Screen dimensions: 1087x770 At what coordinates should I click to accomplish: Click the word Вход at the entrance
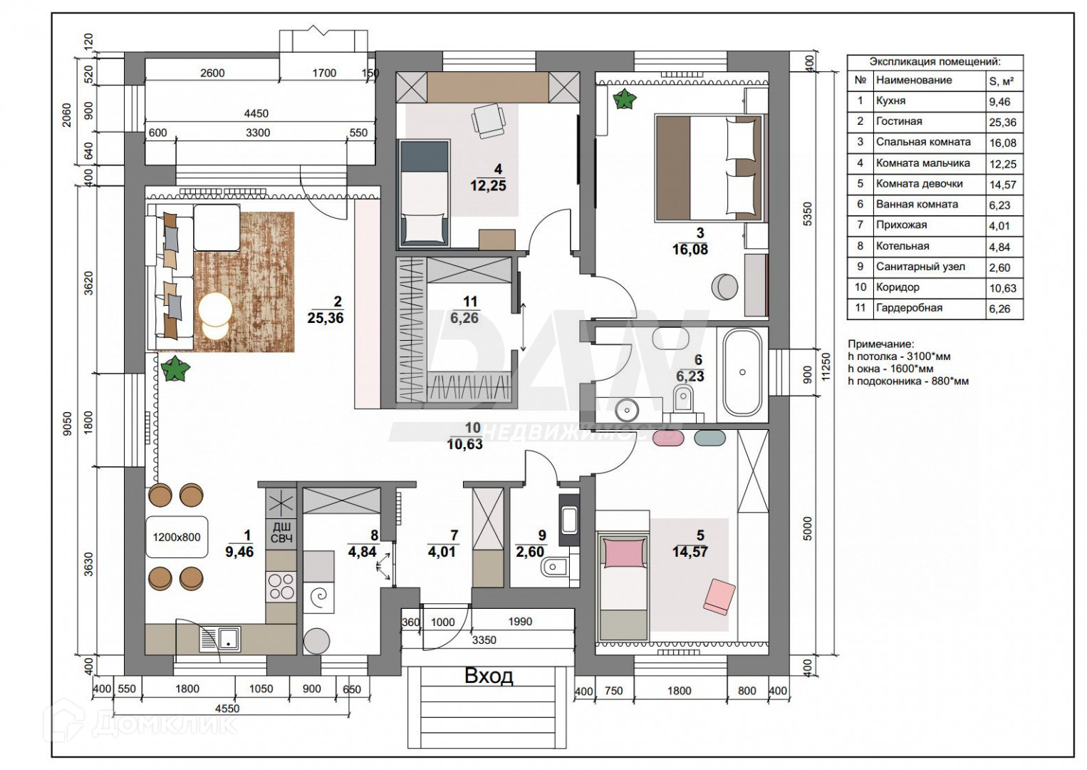click(488, 675)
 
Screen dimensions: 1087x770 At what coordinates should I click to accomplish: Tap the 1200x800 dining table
click(177, 537)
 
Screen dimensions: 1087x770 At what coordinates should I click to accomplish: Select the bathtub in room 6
click(742, 373)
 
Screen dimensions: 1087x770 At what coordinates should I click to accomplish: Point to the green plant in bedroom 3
click(625, 99)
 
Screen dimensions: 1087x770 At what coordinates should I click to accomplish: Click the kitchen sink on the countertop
click(226, 638)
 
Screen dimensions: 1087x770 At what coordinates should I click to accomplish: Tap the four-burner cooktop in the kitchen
click(281, 586)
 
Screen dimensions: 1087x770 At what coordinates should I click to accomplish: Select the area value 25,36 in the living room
click(325, 318)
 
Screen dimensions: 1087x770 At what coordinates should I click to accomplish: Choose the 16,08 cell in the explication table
click(1002, 143)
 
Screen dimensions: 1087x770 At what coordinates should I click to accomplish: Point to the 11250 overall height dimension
click(826, 368)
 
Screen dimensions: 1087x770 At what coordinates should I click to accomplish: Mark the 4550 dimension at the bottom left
click(227, 709)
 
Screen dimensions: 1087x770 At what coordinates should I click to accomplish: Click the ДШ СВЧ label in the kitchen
click(281, 533)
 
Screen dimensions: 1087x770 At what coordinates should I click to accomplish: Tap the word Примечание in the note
click(880, 344)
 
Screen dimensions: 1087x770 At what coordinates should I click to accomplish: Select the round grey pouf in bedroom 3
click(724, 287)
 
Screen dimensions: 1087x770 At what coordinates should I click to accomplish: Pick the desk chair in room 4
click(489, 120)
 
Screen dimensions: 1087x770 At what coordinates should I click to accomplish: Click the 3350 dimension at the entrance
click(484, 640)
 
